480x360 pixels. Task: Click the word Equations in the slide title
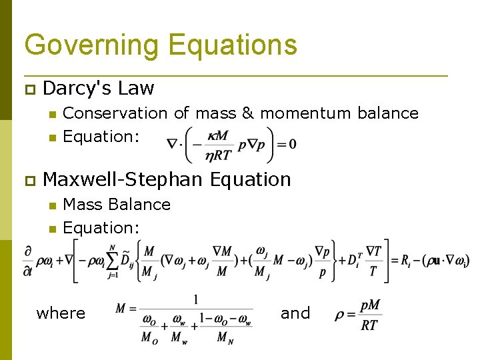coord(233,45)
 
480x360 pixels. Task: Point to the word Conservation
coord(115,113)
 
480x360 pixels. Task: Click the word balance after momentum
coord(388,113)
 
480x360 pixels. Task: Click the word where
coord(61,313)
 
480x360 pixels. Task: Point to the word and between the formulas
coord(295,313)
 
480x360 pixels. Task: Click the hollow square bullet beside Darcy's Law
coord(29,89)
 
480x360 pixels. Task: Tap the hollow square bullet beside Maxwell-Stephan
coord(29,180)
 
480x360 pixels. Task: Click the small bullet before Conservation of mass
coord(51,114)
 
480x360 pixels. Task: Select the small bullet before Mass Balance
coord(51,205)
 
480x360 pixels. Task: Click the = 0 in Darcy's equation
coord(286,144)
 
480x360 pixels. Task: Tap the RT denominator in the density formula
coord(369,325)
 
